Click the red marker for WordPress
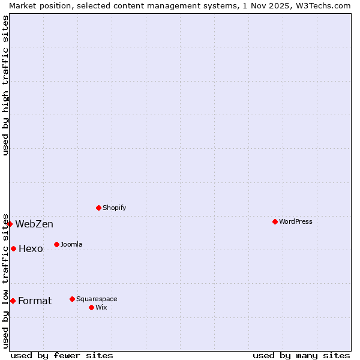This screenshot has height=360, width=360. coord(275,221)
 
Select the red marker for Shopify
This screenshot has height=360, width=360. coord(98,208)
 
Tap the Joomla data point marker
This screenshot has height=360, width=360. coord(56,244)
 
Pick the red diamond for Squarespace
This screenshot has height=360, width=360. coord(72,299)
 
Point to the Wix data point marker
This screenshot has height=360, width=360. coord(91,307)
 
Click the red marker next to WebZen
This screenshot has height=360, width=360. coord(10,224)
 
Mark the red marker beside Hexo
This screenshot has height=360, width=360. coord(13,248)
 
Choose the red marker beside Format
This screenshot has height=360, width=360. coord(13,301)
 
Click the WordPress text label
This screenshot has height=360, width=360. coord(296,221)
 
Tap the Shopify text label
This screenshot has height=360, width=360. coord(114,208)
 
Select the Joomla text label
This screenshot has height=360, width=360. coord(71,244)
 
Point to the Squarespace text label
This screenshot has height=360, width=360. coord(97,299)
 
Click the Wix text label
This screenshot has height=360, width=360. coord(101,307)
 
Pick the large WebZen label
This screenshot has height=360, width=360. coord(34,224)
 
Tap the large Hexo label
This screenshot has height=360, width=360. coord(31,249)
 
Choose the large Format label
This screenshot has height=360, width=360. coord(35,301)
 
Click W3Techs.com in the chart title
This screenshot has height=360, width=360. coord(323,5)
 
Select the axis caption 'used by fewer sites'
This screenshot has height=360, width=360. coord(62,355)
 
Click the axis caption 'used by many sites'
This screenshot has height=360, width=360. coord(301,355)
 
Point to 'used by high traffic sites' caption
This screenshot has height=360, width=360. coord(5,85)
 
